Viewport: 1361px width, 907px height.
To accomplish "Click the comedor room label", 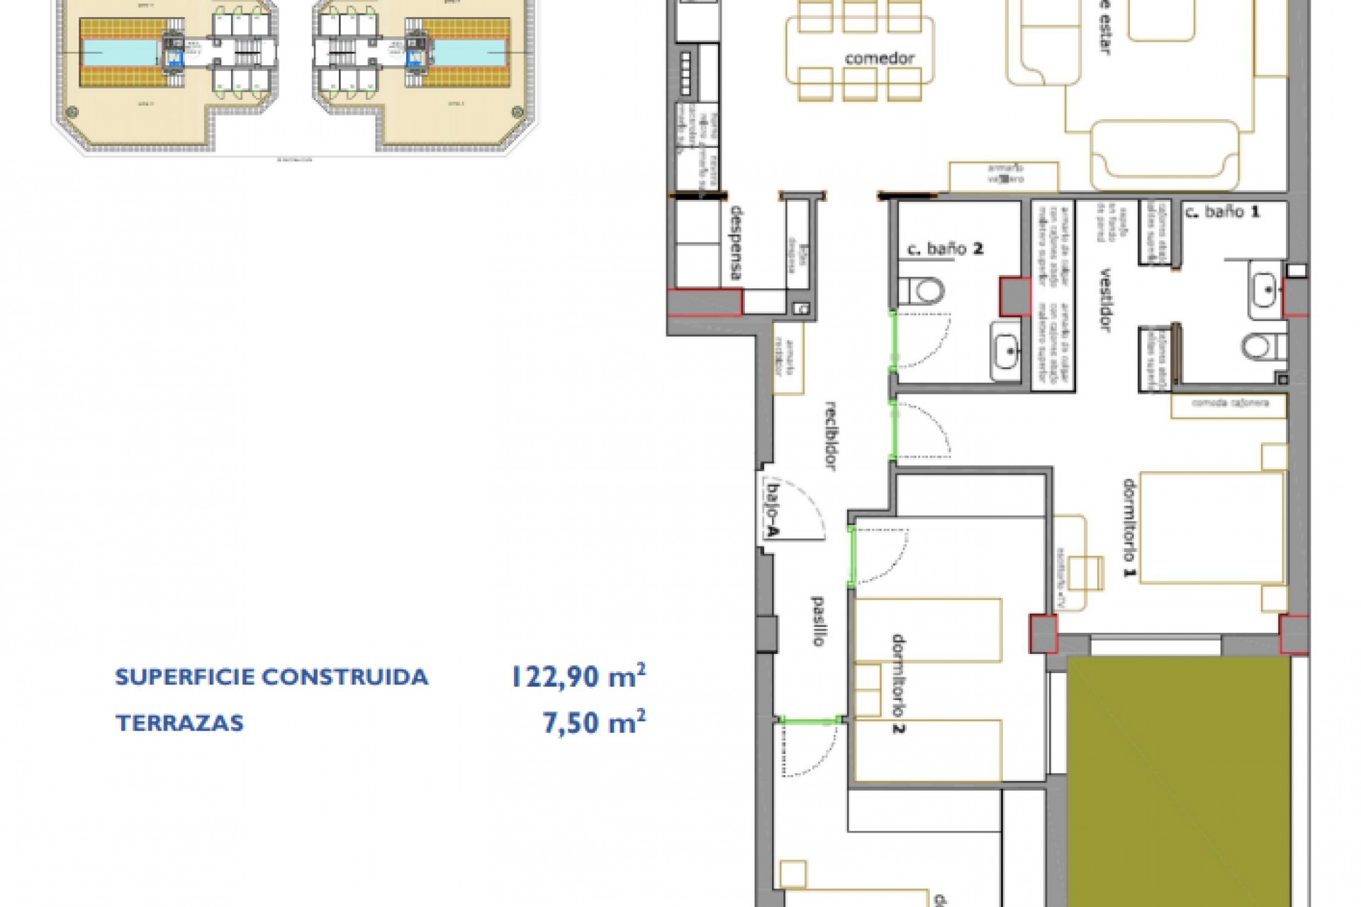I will tap(879, 59).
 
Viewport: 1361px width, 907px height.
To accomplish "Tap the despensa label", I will tap(737, 243).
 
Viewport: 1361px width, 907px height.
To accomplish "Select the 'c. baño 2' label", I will tap(946, 249).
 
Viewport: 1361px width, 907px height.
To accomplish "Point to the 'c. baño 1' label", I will tap(1222, 211).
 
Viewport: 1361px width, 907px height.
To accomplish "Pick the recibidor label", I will tap(831, 436).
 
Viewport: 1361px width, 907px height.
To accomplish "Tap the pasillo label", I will tap(817, 621).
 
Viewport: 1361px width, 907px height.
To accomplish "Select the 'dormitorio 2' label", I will tap(897, 685).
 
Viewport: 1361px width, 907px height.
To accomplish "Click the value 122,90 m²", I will tap(578, 677).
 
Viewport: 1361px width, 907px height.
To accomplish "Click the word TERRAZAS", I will tap(179, 723).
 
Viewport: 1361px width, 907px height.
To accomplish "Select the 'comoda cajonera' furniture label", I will tap(1229, 403).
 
